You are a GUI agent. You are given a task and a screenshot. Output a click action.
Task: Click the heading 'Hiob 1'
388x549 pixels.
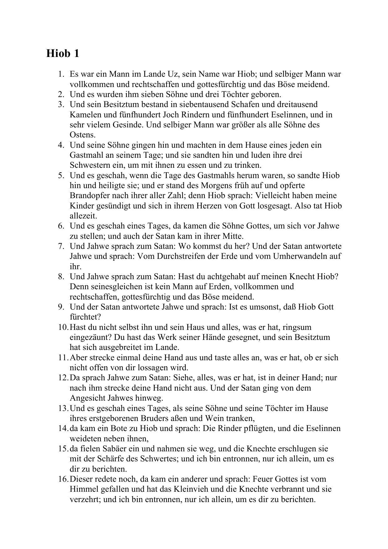tap(63, 54)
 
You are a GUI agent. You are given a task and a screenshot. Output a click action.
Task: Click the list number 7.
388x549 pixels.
tap(61, 246)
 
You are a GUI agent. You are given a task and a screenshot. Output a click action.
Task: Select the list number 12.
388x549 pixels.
tap(63, 378)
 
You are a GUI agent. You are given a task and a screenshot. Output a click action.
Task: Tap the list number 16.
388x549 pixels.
tap(63, 479)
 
